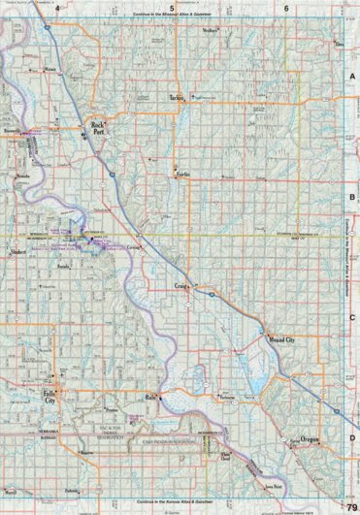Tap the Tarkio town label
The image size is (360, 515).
click(176, 99)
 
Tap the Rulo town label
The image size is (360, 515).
click(151, 398)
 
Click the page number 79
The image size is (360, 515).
click(350, 496)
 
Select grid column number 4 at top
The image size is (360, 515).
click(57, 8)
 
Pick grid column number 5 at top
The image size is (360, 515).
click(172, 8)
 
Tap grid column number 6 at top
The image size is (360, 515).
click(286, 8)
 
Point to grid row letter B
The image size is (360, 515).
click(351, 195)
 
